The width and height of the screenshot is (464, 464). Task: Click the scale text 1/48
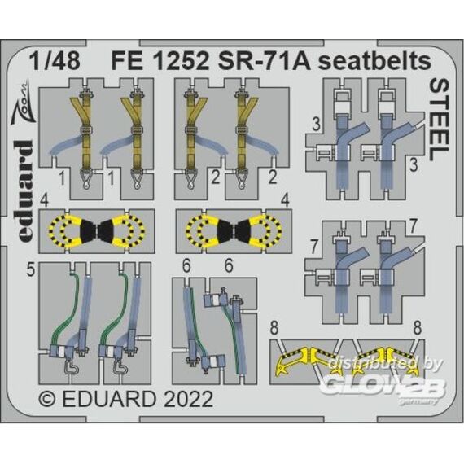coord(55,61)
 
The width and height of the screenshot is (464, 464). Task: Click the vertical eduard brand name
coord(23,190)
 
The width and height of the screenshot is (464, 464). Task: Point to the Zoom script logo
coord(22,102)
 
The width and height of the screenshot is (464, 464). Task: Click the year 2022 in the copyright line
coord(187,399)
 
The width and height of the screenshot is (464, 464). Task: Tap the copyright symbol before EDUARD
coord(46,399)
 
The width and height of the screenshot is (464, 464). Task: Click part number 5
coord(30,270)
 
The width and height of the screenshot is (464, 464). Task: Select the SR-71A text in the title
coord(260,61)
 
